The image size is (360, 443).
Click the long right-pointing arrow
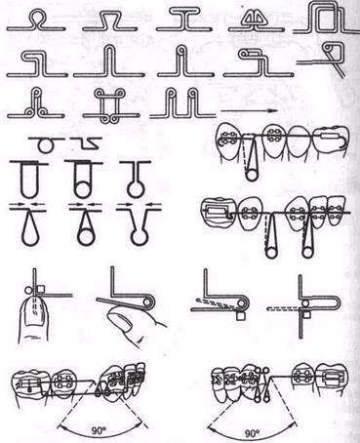point(249,111)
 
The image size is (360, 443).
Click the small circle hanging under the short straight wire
point(45,145)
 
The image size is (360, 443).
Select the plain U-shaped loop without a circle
point(29,179)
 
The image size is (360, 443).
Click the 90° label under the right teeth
point(252,433)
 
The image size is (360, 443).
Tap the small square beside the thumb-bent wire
point(41,289)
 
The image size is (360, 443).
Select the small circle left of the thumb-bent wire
point(27,289)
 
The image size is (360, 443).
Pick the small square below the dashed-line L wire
point(240,315)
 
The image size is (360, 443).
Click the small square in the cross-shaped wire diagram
point(307,314)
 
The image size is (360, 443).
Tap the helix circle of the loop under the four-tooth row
point(252,175)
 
